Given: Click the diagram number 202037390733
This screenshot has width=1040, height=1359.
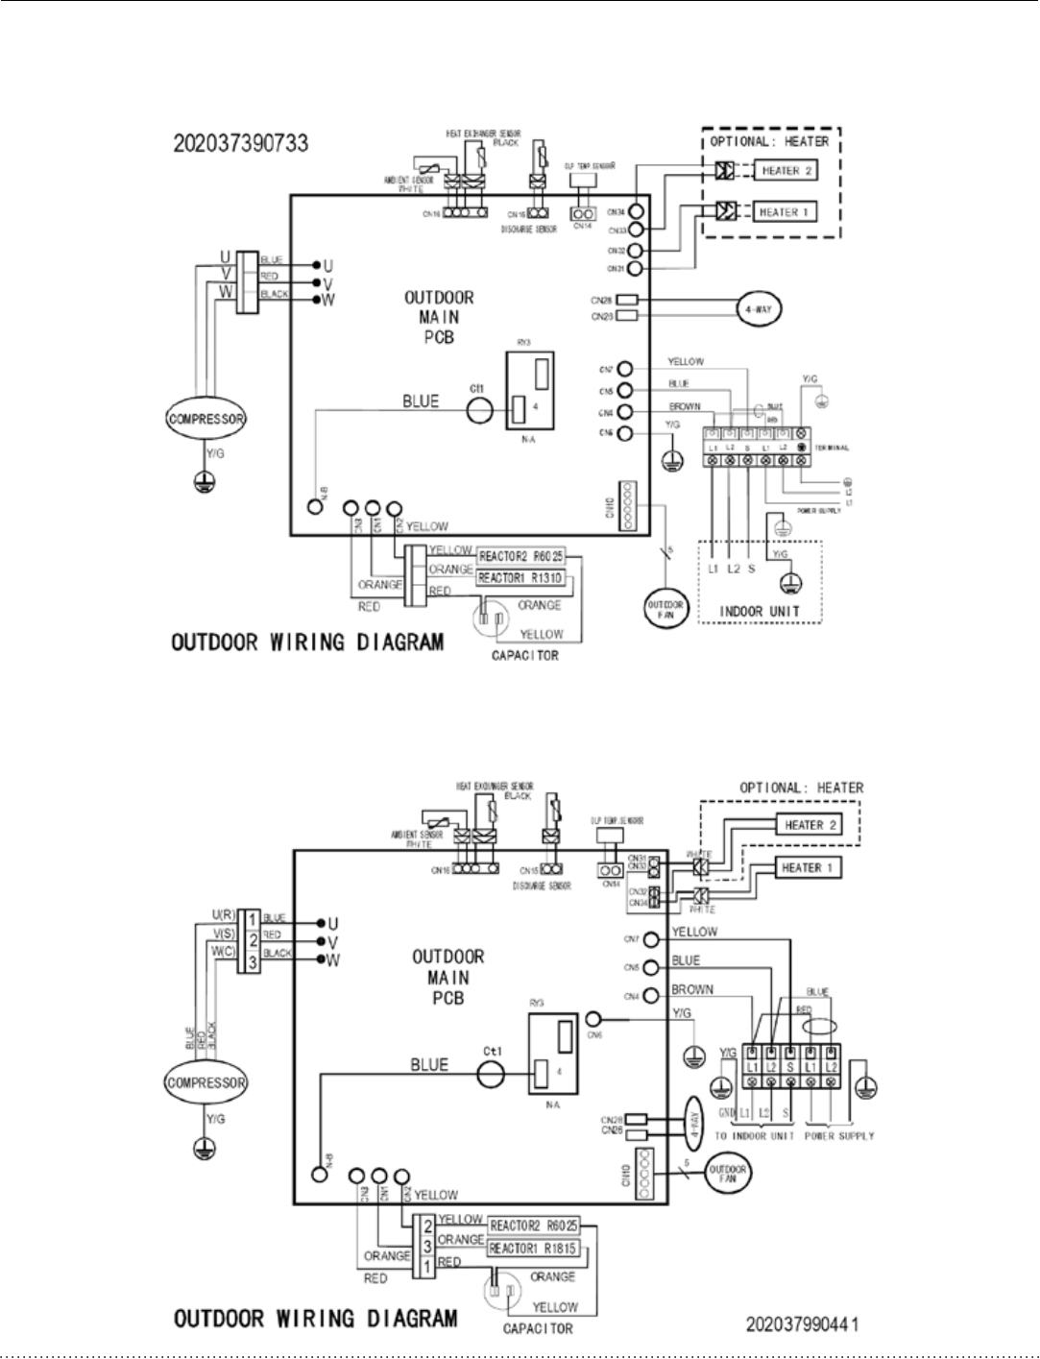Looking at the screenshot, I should [x=241, y=143].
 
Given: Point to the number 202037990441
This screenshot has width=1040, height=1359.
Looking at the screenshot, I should [x=802, y=1324].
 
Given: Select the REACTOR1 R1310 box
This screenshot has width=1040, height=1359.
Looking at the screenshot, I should [x=520, y=577].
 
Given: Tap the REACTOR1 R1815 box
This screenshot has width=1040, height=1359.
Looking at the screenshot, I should [x=533, y=1249].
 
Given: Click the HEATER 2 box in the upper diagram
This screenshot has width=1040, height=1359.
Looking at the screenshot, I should [x=786, y=171].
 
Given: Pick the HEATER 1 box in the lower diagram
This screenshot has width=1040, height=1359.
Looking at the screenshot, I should [x=809, y=868].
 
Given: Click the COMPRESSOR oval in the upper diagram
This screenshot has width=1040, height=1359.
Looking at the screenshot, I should [x=206, y=419].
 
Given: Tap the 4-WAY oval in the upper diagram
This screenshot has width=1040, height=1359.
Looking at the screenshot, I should [x=759, y=309].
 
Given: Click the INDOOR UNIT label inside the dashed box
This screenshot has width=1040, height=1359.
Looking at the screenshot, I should [x=759, y=611].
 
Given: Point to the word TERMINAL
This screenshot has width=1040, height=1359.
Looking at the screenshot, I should [x=832, y=449].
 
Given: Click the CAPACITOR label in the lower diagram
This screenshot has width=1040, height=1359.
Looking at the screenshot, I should [x=538, y=1329].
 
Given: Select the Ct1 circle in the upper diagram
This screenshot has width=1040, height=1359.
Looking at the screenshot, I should [x=479, y=411].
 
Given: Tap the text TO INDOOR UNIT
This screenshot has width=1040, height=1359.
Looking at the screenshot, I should [x=754, y=1136].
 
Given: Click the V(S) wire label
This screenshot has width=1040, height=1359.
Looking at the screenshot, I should [x=224, y=934].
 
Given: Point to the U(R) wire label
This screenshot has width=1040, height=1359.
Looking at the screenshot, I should [x=224, y=916].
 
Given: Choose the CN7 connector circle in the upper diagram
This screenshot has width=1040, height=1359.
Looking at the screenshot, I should [x=625, y=369].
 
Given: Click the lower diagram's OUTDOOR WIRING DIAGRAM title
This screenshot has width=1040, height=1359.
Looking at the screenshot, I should [x=316, y=1318].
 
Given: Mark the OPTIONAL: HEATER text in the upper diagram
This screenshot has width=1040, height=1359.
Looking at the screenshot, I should [x=769, y=141].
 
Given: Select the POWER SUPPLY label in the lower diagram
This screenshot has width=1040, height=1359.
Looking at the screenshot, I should [x=838, y=1136].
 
